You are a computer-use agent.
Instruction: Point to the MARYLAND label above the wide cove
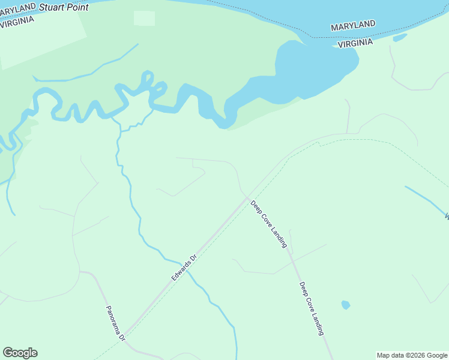[353, 26]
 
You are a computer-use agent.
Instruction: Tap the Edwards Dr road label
[185, 268]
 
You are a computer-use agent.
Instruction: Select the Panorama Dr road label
[115, 324]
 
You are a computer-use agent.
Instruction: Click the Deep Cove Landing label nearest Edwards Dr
[269, 224]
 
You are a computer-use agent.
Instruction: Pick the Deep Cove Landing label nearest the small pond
[312, 308]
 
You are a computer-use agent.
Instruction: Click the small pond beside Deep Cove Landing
[345, 305]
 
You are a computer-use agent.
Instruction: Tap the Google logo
[20, 353]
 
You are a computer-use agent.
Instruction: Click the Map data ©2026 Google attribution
[412, 355]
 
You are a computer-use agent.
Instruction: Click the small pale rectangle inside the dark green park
[144, 18]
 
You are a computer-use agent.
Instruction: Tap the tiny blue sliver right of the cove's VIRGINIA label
[400, 38]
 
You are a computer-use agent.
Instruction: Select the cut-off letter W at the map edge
[446, 216]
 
